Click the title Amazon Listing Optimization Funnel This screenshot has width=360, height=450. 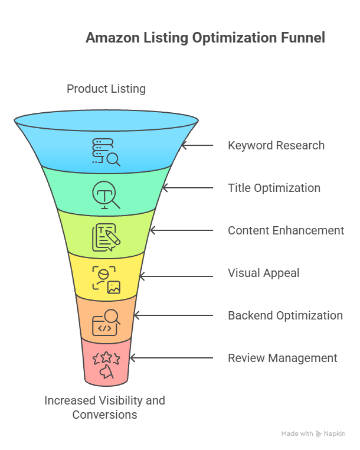click(205, 38)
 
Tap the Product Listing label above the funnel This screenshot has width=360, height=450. click(106, 89)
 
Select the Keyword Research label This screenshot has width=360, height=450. click(276, 145)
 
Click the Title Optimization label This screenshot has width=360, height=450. click(274, 188)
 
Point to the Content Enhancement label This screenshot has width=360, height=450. click(286, 230)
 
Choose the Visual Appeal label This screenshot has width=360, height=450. click(264, 273)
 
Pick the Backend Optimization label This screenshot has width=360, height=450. click(285, 315)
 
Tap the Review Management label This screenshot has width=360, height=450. click(283, 358)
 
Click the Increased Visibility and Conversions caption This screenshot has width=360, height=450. click(105, 407)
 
